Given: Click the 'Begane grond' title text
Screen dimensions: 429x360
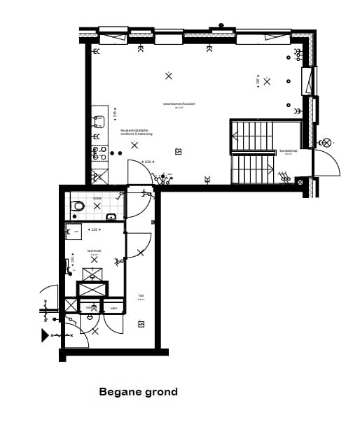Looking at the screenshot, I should (138, 392).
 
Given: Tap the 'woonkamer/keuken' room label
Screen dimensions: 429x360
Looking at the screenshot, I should (179, 104).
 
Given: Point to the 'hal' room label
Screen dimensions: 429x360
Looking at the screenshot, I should (141, 296).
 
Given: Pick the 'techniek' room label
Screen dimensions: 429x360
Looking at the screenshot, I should (95, 251).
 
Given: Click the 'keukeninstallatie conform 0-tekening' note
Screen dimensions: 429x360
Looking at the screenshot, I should (136, 132).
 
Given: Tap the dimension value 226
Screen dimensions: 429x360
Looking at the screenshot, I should (95, 229).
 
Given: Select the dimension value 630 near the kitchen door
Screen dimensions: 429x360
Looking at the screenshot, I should (148, 162).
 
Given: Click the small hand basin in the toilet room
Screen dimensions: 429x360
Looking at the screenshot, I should (111, 218).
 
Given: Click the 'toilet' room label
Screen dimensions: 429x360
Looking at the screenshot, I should (97, 199).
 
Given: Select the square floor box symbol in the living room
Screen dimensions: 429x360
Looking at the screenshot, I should (179, 151).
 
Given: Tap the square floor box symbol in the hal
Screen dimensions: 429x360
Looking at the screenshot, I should (141, 323).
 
